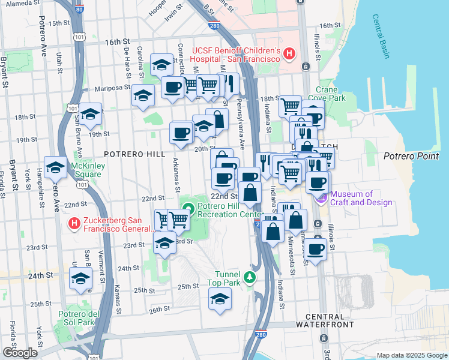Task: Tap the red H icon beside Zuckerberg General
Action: [74, 224]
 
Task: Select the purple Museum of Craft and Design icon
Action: [321, 197]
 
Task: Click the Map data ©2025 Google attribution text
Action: [411, 355]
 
